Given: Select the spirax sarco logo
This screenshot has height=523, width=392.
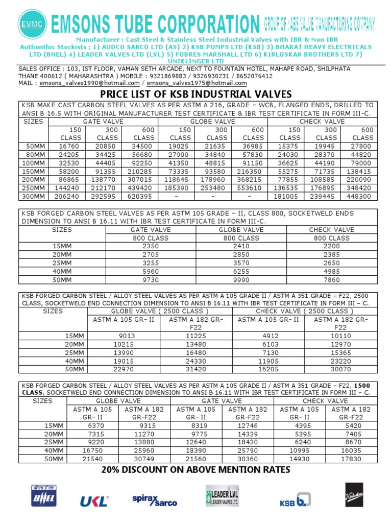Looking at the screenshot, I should tap(154, 500).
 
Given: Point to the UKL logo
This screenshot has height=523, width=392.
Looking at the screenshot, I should tap(94, 501).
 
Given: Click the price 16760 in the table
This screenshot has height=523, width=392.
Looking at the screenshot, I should tap(71, 146).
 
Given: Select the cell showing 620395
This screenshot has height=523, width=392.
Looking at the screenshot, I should tap(144, 195).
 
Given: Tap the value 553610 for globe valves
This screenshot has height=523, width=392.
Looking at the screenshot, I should tap(253, 187).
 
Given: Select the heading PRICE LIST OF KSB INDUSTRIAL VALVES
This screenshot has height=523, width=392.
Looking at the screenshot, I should tap(195, 94).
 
